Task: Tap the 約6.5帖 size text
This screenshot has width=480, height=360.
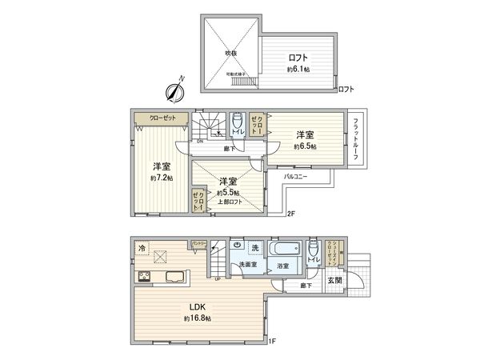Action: pos(304,147)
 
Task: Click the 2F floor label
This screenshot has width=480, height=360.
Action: pos(292,214)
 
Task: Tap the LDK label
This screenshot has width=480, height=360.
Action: pos(198,307)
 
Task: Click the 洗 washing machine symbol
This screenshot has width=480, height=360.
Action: pos(254,248)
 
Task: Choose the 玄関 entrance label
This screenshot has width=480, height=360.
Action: pos(334,280)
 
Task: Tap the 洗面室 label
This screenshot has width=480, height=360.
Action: pos(246,265)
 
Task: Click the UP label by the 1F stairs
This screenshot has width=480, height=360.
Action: pos(218,278)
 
